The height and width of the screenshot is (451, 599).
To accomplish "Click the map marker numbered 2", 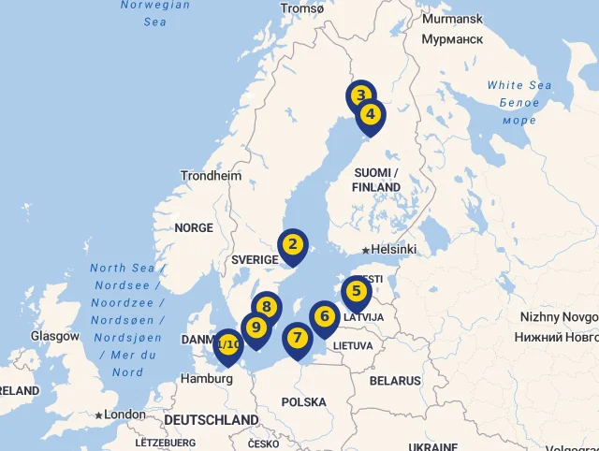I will (293, 245).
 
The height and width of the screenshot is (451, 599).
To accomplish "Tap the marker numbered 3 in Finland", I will (360, 95).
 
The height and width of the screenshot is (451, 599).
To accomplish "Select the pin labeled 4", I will (371, 115).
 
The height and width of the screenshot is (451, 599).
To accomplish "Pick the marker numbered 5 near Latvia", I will (356, 291).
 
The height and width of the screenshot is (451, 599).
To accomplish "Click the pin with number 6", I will (324, 316).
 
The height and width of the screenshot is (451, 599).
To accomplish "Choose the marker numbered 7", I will (297, 338).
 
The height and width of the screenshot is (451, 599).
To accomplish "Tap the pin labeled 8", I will (267, 307).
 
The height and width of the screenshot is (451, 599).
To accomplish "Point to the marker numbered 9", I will (255, 327).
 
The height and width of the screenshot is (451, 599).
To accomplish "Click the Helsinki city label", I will (393, 250).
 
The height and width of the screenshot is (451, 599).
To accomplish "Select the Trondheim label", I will (211, 176).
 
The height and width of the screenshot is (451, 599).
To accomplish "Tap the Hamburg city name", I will (207, 379).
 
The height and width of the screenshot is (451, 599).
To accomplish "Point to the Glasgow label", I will (55, 336).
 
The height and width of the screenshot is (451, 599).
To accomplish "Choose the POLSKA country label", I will (304, 402).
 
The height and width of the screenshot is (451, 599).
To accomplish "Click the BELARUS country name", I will (395, 381).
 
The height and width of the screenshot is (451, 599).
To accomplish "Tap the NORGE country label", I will (194, 227).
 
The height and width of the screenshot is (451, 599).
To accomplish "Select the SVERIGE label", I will (255, 259).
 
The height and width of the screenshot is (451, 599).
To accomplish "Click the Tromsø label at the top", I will (302, 8).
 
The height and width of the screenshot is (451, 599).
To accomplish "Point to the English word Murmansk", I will (452, 19).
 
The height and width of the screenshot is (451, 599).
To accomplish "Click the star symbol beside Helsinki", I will (366, 250).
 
